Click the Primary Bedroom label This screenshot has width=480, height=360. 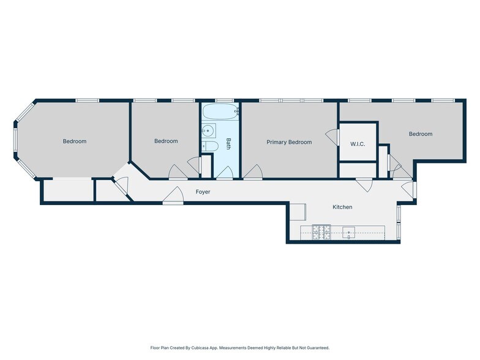[x=289, y=142]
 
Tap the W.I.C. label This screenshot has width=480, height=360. [x=358, y=144]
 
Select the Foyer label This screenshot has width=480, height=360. [x=203, y=192]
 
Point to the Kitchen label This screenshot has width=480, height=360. [x=342, y=207]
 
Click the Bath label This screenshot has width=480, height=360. [x=228, y=144]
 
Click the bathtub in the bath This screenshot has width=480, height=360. [x=220, y=111]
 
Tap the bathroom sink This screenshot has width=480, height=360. [x=208, y=131]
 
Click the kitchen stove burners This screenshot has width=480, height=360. [x=321, y=233]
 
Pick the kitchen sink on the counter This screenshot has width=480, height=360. [x=349, y=233]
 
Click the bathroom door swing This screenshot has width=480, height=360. [x=225, y=173]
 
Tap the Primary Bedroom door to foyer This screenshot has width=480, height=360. [x=253, y=172]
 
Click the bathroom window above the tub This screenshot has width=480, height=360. [x=224, y=100]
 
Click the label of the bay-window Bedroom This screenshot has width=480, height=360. [x=75, y=141]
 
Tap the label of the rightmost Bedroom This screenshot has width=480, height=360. [x=421, y=133]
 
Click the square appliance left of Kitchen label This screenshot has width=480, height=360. [x=298, y=212]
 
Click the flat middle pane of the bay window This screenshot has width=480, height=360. [x=15, y=140]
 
